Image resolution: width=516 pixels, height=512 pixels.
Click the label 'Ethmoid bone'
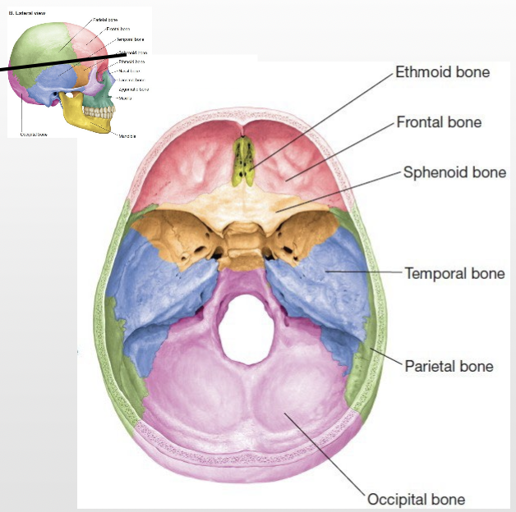coord(442,72)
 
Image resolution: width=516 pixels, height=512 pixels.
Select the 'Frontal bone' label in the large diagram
coord(439,122)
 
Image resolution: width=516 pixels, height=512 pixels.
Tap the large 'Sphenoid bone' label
coord(454,173)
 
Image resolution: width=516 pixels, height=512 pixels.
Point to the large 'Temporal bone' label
coord(454,273)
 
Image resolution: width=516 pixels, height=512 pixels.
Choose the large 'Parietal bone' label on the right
coord(449,366)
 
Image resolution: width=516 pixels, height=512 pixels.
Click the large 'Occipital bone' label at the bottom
coord(416,499)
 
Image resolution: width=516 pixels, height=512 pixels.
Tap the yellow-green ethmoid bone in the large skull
coord(242,160)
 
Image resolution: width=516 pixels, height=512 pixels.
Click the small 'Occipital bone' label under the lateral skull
coord(33,135)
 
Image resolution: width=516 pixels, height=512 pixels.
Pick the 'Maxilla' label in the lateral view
coord(125,98)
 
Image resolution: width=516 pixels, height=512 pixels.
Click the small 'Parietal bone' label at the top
coord(105,20)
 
